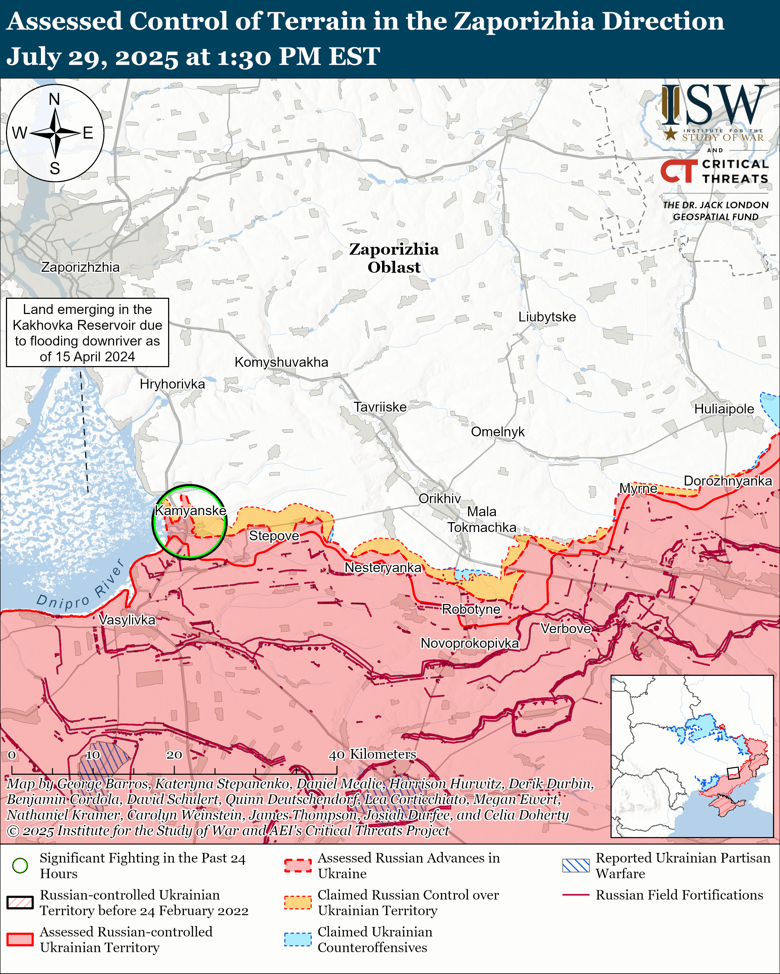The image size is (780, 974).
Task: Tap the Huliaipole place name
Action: pyautogui.click(x=724, y=409)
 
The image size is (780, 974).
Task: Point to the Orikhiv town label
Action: pyautogui.click(x=440, y=498)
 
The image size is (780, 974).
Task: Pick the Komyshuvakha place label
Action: pyautogui.click(x=281, y=362)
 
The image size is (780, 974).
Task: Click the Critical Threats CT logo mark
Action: pyautogui.click(x=679, y=171)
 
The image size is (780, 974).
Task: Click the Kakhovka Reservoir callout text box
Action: pyautogui.click(x=87, y=332)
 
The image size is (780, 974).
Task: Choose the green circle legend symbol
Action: pyautogui.click(x=20, y=865)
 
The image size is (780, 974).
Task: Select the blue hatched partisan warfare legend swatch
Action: pyautogui.click(x=576, y=865)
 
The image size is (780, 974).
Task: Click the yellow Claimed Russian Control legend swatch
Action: pyautogui.click(x=298, y=902)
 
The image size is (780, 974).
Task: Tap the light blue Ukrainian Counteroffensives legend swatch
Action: pyautogui.click(x=298, y=939)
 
